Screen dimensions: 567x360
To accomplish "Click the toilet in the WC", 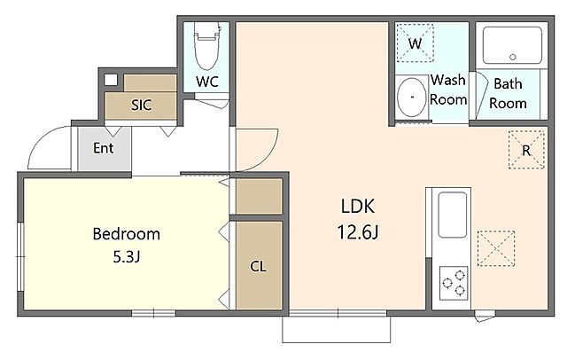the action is click(x=207, y=45).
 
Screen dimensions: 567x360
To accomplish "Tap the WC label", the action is click(x=207, y=82).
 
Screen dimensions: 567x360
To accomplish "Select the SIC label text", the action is click(x=141, y=106).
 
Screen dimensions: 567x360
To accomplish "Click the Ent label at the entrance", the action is click(x=103, y=147).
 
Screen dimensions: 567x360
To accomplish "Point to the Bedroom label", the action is click(x=126, y=234).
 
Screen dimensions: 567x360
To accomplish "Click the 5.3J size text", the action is click(x=126, y=257).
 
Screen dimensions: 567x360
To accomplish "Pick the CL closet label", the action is click(x=258, y=267).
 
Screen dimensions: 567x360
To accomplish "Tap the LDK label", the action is click(x=358, y=206).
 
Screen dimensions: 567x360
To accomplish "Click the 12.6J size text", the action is click(x=358, y=232).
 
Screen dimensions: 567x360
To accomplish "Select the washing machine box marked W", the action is click(x=415, y=43).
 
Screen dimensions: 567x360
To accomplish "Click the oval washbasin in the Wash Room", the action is click(x=411, y=97).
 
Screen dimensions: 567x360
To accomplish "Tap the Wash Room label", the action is click(x=448, y=90).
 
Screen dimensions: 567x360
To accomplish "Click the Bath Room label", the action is click(x=508, y=93).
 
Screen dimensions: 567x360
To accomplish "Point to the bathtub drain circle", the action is click(x=512, y=57).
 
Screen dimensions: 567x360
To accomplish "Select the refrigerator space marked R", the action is click(x=526, y=150).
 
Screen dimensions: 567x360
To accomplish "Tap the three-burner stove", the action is click(x=454, y=283).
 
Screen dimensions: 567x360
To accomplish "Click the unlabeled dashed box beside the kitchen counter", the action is click(x=496, y=248).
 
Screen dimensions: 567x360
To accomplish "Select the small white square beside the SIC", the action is click(x=111, y=80).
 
